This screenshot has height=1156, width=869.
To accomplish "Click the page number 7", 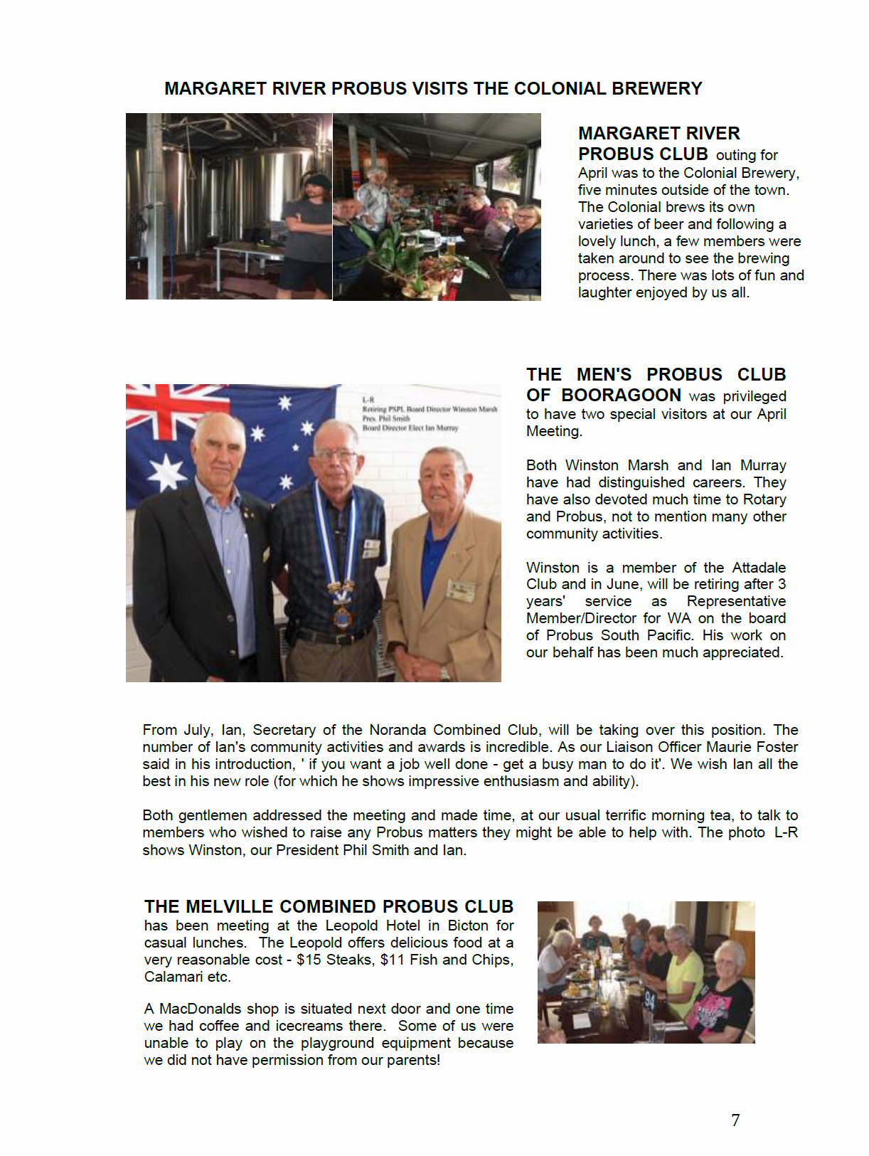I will pyautogui.click(x=735, y=1120).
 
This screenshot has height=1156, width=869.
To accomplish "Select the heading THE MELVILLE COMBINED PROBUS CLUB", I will pyautogui.click(x=329, y=906).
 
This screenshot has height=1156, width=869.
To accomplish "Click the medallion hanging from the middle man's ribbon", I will pyautogui.click(x=343, y=616).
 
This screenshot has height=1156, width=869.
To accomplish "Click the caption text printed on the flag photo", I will pyautogui.click(x=429, y=413).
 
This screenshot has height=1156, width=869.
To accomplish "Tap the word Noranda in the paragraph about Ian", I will pyautogui.click(x=399, y=730).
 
